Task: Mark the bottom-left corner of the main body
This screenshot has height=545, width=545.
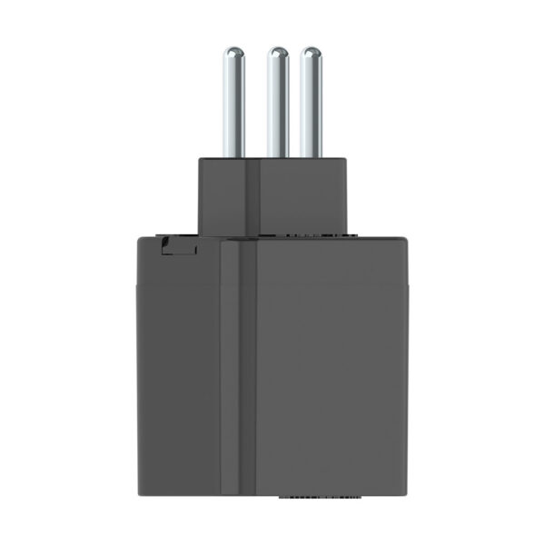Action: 138,496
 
